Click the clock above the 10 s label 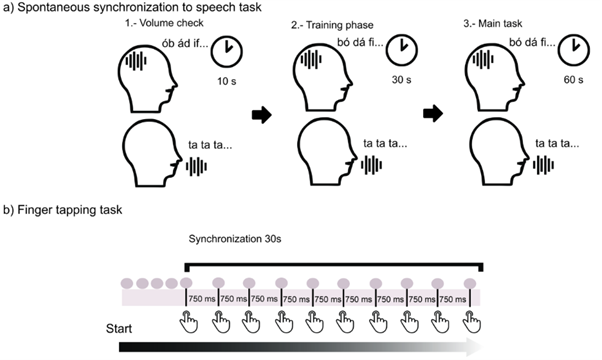click(227, 52)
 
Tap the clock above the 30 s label click(402, 50)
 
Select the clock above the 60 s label click(574, 50)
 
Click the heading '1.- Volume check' click(164, 23)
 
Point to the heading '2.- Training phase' click(332, 25)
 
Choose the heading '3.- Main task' click(493, 24)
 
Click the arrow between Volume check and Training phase click(262, 114)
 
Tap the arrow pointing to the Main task click(433, 113)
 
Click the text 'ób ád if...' click(185, 44)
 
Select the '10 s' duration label click(227, 81)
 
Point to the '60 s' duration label click(574, 80)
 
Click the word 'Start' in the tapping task click(119, 329)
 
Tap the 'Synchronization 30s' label click(235, 239)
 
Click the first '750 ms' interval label click(202, 299)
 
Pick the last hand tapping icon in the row click(471, 321)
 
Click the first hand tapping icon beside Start click(189, 321)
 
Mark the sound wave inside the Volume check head click(136, 61)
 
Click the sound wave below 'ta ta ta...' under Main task click(543, 165)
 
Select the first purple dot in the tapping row click(127, 284)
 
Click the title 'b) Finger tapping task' click(63, 210)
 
